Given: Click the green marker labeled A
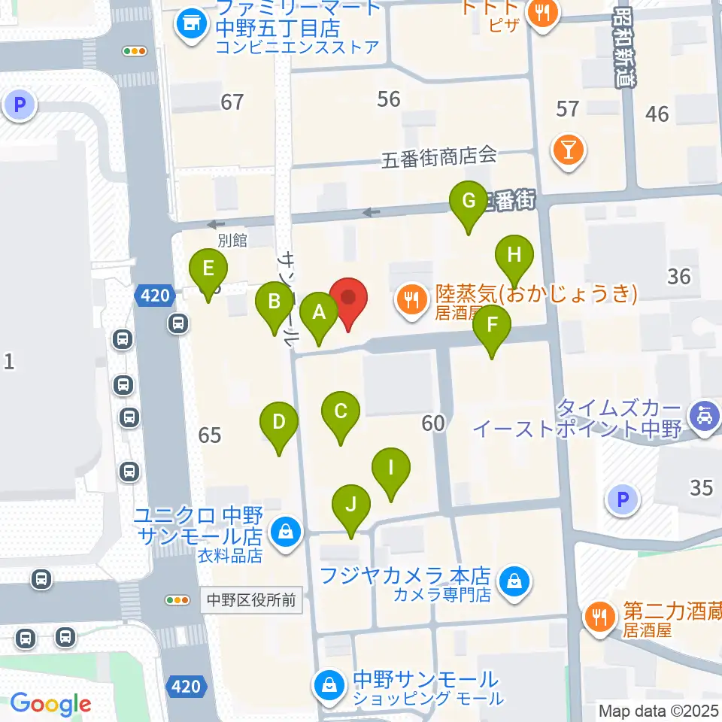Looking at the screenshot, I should (x=319, y=314).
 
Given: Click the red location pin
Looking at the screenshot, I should (x=348, y=299).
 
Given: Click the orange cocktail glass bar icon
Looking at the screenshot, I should (x=569, y=149).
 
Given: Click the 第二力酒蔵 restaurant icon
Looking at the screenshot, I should (x=599, y=618).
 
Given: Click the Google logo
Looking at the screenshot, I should (x=51, y=704).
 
